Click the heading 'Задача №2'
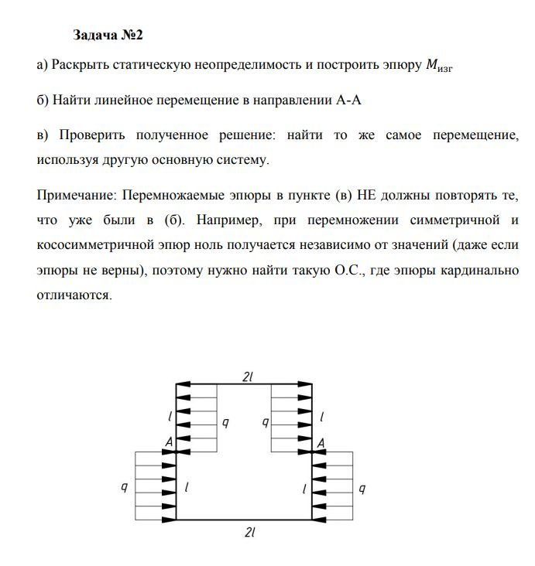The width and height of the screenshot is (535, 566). pos(108,36)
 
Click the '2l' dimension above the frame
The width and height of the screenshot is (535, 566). pos(248,376)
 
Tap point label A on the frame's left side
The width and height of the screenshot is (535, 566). pos(168,442)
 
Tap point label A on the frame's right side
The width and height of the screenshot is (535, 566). pos(320,442)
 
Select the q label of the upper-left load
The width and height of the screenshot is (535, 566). pos(225,422)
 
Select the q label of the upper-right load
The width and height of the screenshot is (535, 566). pos(265,422)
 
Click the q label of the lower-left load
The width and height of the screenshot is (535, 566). pos(124,489)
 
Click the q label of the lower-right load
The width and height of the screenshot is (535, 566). pos(362,489)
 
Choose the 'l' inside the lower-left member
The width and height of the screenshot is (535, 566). pos(187,487)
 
